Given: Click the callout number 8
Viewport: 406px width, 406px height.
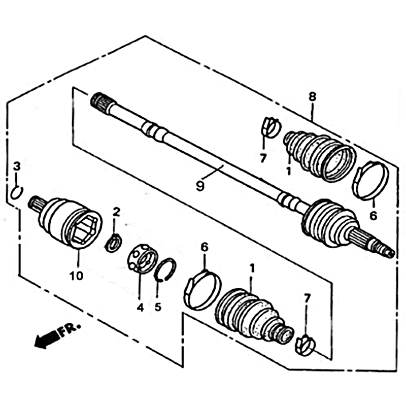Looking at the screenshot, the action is tap(313, 97).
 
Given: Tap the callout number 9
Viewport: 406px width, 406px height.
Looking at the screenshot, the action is tap(200, 186).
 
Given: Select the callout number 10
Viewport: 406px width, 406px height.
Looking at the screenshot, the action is tap(77, 276).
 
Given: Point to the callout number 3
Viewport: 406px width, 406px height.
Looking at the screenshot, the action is tap(17, 166).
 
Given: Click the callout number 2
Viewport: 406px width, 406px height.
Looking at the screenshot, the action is tap(117, 212).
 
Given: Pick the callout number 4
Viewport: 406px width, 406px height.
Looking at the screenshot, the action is tap(140, 308).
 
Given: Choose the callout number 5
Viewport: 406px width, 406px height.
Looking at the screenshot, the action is tap(158, 308).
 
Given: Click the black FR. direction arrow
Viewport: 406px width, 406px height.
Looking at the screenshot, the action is tap(46, 340).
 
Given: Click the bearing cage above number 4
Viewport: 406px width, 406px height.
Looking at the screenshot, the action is tap(143, 258).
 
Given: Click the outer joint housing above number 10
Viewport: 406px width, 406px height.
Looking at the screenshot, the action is tap(66, 223).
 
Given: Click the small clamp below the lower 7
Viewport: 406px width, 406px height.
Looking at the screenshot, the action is tap(306, 346).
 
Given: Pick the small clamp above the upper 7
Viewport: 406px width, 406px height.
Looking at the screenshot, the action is tap(271, 127).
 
